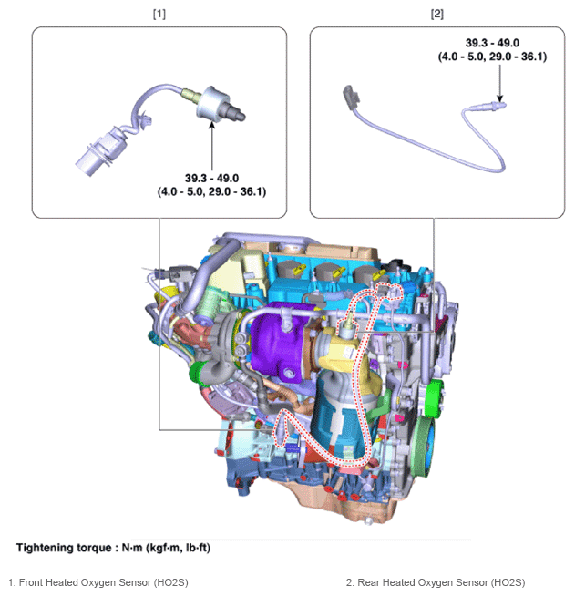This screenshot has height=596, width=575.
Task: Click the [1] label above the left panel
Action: point(159,15)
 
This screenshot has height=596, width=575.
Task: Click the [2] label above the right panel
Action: point(436,15)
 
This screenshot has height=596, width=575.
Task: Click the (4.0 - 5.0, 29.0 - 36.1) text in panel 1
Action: point(211,191)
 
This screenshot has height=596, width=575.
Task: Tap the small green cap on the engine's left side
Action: point(194,371)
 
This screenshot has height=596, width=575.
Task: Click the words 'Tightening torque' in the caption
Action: point(64,548)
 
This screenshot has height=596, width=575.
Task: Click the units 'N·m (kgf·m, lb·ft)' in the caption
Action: point(164,548)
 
